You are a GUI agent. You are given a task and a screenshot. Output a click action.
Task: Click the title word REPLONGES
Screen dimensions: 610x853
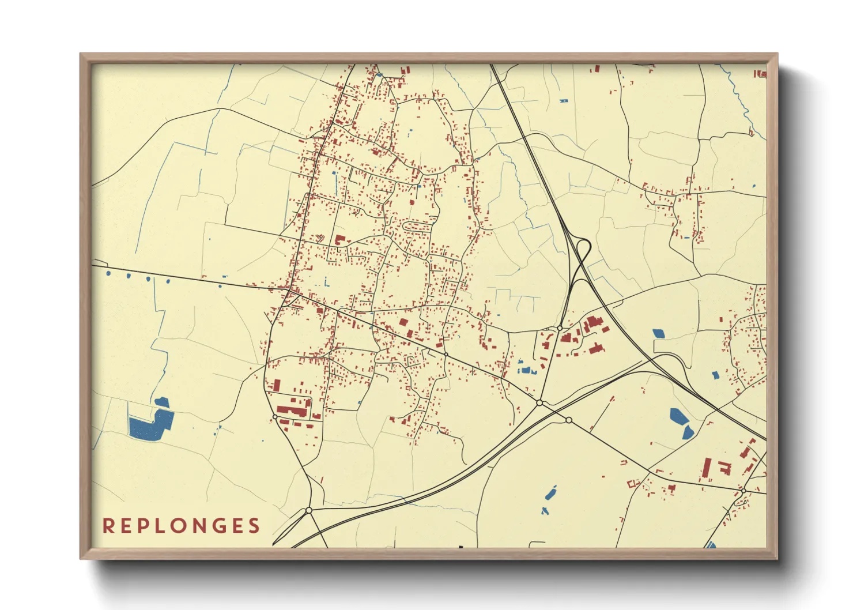click(181, 526)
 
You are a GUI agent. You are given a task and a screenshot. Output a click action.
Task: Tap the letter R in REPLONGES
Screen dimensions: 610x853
click(108, 526)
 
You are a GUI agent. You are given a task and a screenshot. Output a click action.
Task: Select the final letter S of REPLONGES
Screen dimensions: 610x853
click(254, 526)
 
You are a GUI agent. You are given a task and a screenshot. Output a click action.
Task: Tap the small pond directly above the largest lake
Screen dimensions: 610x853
click(161, 402)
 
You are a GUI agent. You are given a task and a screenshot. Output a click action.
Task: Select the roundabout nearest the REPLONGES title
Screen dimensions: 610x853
click(309, 510)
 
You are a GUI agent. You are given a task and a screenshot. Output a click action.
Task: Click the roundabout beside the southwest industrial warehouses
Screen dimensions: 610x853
click(275, 416)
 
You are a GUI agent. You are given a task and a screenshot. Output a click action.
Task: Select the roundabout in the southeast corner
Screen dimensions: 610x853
click(743, 491)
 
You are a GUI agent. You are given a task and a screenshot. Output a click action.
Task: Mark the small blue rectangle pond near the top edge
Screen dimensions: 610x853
click(564, 101)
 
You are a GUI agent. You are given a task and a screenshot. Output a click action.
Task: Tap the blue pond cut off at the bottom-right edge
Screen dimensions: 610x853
click(711, 544)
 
